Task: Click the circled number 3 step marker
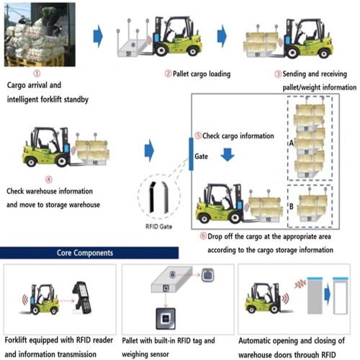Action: (279, 73)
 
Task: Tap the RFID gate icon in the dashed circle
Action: (157, 194)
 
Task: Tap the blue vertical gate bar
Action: (192, 152)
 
